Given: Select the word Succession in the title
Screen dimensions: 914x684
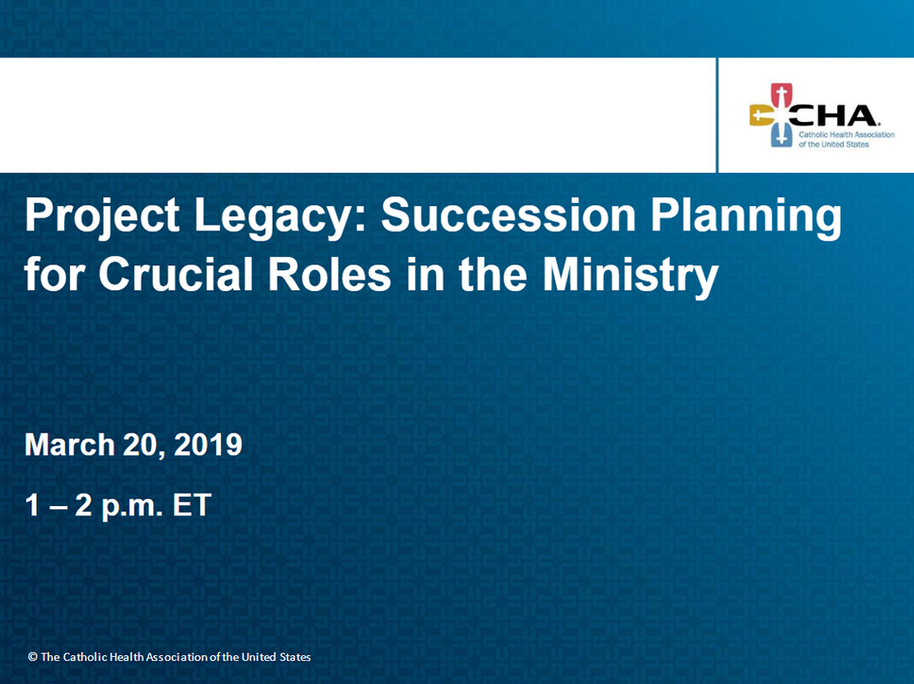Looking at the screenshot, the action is tap(508, 215).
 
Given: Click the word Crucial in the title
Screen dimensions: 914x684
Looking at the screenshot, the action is tap(176, 274).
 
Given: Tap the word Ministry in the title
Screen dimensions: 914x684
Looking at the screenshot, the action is tap(630, 277).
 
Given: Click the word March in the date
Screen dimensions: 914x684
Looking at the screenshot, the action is tap(70, 445).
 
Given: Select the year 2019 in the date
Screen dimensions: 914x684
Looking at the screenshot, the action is tap(208, 445).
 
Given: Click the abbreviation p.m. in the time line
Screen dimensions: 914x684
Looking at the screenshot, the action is tap(132, 507).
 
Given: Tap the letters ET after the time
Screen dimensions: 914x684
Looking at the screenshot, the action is tap(191, 504).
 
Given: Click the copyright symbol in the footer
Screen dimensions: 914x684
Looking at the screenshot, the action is tap(33, 657).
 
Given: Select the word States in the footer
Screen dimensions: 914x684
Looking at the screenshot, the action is tap(295, 657).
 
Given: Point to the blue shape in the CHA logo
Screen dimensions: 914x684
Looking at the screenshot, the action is tap(781, 136).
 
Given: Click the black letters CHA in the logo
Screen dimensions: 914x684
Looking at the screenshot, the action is tap(832, 115).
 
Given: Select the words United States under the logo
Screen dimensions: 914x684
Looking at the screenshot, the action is tap(846, 144).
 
